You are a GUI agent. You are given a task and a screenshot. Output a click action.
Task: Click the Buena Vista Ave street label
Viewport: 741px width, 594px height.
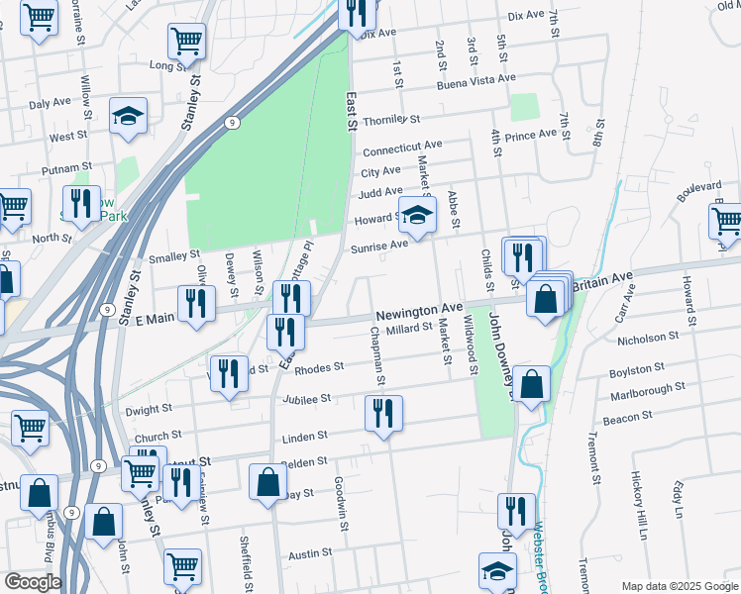[x=477, y=82]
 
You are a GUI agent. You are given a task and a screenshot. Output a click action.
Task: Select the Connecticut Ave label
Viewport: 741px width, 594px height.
[x=401, y=148]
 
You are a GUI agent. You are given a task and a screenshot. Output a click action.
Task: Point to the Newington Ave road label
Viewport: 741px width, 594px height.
[x=419, y=310]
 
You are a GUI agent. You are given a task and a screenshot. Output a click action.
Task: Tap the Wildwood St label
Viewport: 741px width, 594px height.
[x=474, y=352]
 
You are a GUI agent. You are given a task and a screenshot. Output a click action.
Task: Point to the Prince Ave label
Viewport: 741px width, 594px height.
[x=531, y=135]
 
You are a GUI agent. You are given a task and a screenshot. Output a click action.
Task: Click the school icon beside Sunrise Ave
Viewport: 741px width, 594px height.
[x=418, y=215]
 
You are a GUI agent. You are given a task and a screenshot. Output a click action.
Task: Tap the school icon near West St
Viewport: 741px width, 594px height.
[x=128, y=117]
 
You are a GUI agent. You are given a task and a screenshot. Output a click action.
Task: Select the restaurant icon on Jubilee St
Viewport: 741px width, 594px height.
[x=383, y=412]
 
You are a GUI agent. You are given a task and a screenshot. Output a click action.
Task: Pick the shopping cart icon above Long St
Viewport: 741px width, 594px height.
[x=187, y=41]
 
